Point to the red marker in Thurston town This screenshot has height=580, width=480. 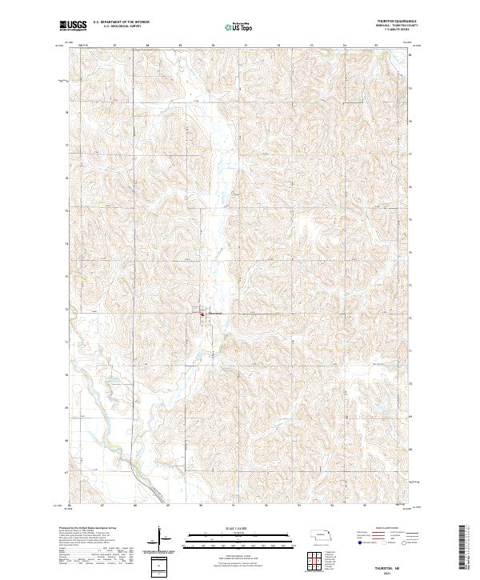pos(201,315)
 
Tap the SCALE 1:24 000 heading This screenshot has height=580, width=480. pos(239,529)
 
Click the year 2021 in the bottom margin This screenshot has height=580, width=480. pos(390,570)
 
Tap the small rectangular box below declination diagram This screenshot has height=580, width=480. pos(161,565)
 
